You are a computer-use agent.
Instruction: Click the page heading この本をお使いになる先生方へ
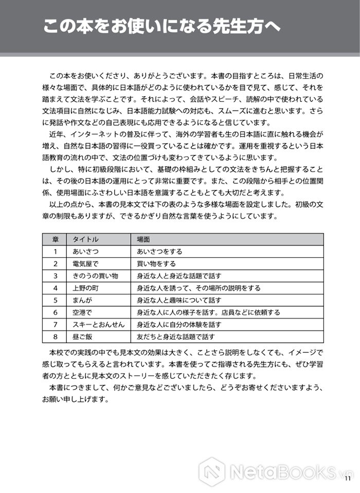point(162,27)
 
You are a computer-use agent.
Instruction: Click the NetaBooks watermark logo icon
point(212,471)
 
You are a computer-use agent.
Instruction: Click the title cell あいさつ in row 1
point(85,252)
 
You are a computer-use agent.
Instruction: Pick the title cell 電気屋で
point(85,264)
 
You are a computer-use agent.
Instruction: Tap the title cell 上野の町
point(85,288)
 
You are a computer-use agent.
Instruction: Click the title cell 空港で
point(82,312)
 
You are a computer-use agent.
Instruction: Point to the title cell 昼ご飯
point(82,337)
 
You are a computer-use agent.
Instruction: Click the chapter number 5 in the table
point(55,301)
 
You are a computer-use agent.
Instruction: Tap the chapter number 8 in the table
point(55,337)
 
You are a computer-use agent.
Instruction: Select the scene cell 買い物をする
point(156,264)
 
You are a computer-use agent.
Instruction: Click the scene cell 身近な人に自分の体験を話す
point(179,325)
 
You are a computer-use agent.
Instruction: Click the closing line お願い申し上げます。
point(76,399)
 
